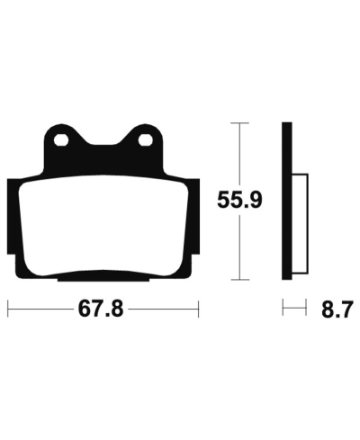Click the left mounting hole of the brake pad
tap(60, 140)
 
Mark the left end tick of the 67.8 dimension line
tap(8, 310)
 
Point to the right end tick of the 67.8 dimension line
tap(197, 310)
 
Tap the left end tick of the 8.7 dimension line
tap(283, 310)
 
